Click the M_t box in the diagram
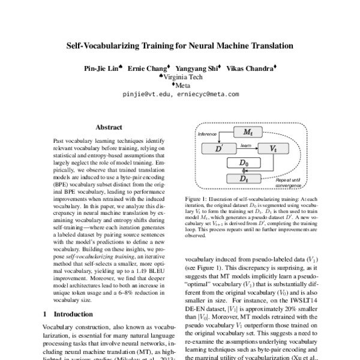coord(246,131)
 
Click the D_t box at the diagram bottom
coord(244,178)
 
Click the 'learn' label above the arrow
coord(245,144)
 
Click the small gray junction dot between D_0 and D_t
coord(244,171)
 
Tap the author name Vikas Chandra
coord(252,68)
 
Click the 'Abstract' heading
coord(109,127)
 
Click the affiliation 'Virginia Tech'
coord(182,77)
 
